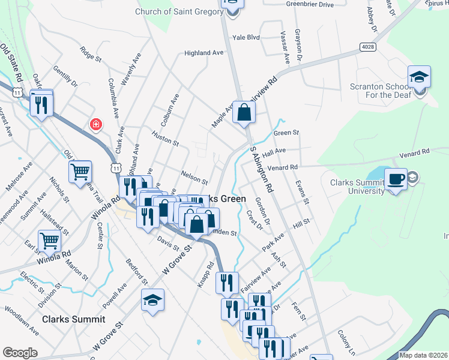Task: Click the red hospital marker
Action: click(x=95, y=125)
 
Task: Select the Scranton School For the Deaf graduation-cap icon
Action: click(x=419, y=77)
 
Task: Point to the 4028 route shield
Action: click(x=367, y=46)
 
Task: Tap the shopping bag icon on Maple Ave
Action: click(x=244, y=112)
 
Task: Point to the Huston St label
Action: click(x=166, y=140)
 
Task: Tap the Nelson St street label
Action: click(x=194, y=179)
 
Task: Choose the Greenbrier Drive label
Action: click(x=310, y=5)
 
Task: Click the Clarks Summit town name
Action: click(x=74, y=319)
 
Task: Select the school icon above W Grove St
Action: click(x=153, y=300)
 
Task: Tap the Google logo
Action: click(x=20, y=353)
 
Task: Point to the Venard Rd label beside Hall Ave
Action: click(x=283, y=167)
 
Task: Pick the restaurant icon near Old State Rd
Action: click(x=41, y=104)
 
